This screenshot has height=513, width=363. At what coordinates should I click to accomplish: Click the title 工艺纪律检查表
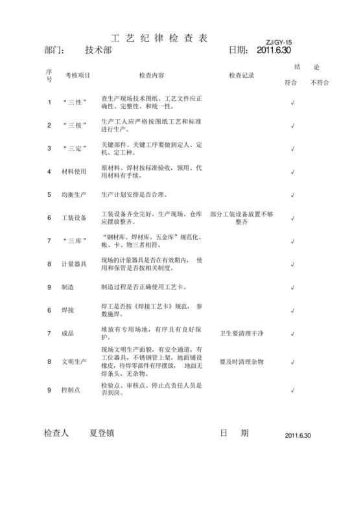tap(159, 38)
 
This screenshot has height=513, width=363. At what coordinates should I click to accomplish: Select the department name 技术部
tap(98, 50)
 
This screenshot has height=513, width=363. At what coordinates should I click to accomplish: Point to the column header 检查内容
tap(152, 75)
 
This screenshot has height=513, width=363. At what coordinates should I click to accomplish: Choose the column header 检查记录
tap(241, 75)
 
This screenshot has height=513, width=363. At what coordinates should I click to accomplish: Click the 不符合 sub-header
tap(320, 83)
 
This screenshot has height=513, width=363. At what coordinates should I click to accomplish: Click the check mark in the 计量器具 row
tap(293, 264)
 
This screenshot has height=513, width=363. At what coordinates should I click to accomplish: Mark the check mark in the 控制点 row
tap(293, 390)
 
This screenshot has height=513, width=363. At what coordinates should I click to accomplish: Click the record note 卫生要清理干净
tap(241, 333)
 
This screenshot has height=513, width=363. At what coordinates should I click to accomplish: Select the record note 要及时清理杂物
tap(241, 361)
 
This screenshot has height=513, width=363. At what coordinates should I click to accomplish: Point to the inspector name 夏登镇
tap(103, 433)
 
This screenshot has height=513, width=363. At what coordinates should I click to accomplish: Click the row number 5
tap(49, 194)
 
